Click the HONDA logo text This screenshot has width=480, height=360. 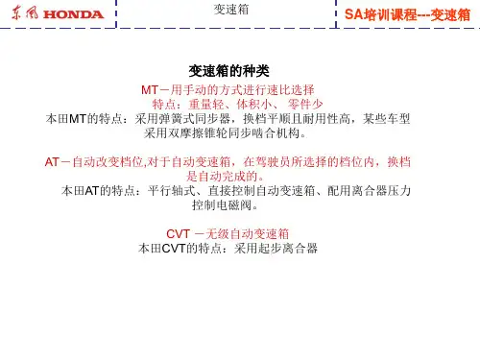tap(73, 14)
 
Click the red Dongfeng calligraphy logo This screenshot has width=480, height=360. tap(25, 13)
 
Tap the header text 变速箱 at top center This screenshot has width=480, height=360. tap(231, 10)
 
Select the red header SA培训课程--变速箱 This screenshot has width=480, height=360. tap(407, 14)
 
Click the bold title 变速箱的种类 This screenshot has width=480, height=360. tap(228, 71)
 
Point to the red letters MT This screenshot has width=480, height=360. tap(150, 90)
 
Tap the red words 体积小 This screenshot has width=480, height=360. tap(254, 105)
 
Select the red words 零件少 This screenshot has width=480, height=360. tap(305, 105)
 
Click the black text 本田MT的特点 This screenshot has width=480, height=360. tap(84, 119)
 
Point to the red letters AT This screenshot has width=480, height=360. tap(52, 162)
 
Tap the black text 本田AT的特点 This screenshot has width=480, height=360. tap(98, 191)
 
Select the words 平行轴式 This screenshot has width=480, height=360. tap(172, 191)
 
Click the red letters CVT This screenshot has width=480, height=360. tap(179, 234)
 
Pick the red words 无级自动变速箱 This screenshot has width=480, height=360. tap(248, 234)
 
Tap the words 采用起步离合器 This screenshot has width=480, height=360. tap(276, 249)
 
